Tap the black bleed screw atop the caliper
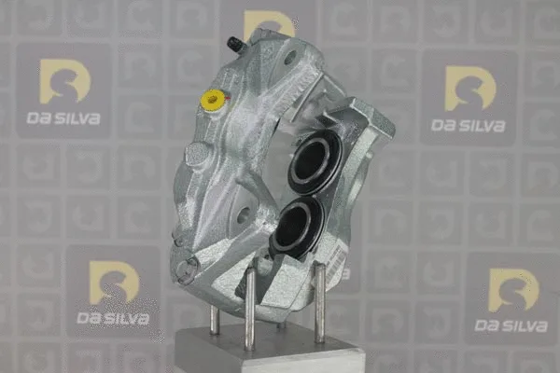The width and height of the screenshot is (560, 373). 234,43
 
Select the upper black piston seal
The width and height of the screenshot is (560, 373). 315,160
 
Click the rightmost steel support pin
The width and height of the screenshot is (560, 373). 319,302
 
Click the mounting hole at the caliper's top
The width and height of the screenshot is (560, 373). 290,58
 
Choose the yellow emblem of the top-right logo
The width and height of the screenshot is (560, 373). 469,88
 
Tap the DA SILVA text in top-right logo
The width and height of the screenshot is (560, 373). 469,124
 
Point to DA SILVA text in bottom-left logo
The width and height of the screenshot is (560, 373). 114,318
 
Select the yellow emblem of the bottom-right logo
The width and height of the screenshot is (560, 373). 513,289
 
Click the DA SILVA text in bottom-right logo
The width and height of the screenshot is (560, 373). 511,325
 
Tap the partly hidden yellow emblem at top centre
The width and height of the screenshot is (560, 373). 268,22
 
